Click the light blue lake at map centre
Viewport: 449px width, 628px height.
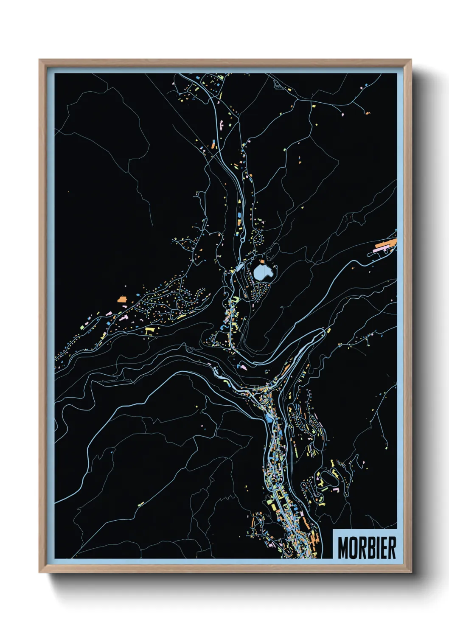coord(263,272)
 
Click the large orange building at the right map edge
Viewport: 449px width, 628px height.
coord(386,244)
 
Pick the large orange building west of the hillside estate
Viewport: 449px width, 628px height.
coord(123,299)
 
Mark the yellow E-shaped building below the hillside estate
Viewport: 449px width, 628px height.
coord(149,330)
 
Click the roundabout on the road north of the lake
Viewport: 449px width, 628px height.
coord(242,240)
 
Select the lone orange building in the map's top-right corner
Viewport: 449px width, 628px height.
coord(368,112)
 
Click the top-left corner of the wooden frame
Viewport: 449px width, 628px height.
coord(39,60)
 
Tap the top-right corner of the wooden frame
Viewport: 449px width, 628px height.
coord(411,60)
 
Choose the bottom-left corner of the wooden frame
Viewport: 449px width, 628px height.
coord(39,572)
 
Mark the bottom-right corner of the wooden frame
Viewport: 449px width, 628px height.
coord(411,572)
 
